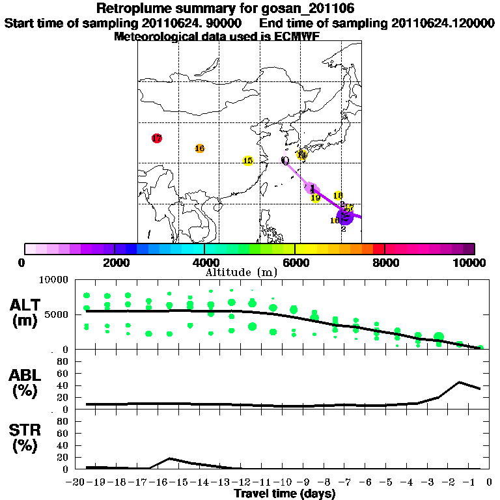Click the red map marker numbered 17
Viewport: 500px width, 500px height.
click(x=156, y=138)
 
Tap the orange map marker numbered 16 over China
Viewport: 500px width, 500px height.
click(x=200, y=148)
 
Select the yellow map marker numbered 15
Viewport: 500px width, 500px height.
click(x=247, y=161)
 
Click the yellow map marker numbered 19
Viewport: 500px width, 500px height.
click(x=316, y=198)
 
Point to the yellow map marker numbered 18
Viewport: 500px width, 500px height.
click(x=338, y=195)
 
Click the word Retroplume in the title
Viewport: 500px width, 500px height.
click(x=132, y=8)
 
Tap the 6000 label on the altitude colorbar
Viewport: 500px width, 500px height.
click(x=295, y=262)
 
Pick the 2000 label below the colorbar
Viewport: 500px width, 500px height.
click(x=115, y=262)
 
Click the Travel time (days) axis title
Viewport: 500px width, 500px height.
click(x=285, y=494)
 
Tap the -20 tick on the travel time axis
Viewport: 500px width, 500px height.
click(x=77, y=483)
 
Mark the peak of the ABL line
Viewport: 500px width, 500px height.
click(x=460, y=382)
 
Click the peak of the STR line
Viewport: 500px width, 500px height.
click(x=170, y=458)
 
